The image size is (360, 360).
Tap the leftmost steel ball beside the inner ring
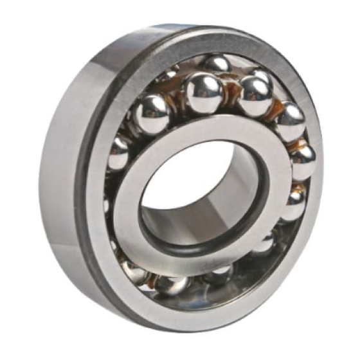pos(119,152)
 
